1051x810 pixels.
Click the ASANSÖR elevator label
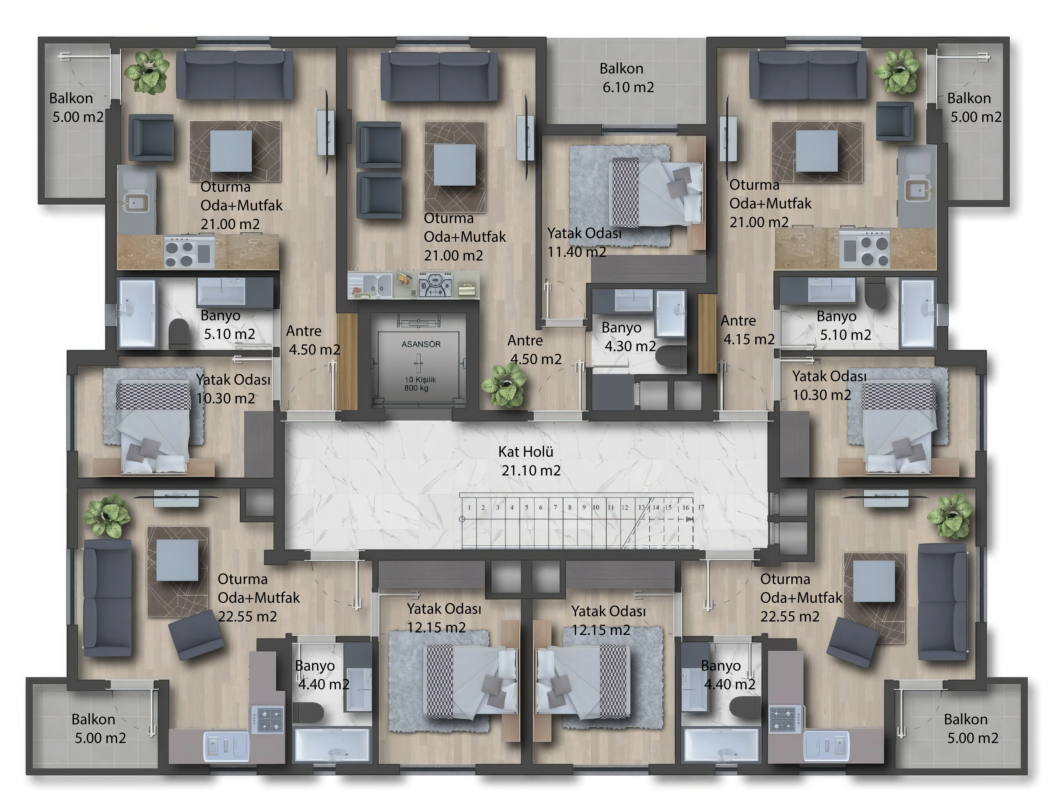click(421, 344)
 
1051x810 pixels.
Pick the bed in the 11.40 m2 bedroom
click(655, 192)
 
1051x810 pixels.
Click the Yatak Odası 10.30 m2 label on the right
click(829, 385)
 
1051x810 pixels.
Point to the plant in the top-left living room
click(147, 71)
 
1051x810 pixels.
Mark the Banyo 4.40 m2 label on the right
click(728, 675)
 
